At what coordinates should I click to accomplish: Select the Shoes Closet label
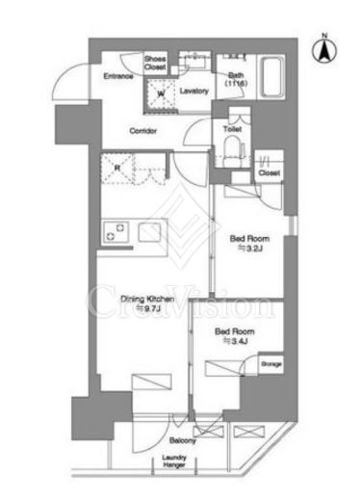click(x=155, y=64)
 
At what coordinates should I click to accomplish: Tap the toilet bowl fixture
click(x=232, y=145)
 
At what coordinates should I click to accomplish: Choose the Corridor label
click(x=145, y=130)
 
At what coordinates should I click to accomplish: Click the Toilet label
click(x=232, y=126)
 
